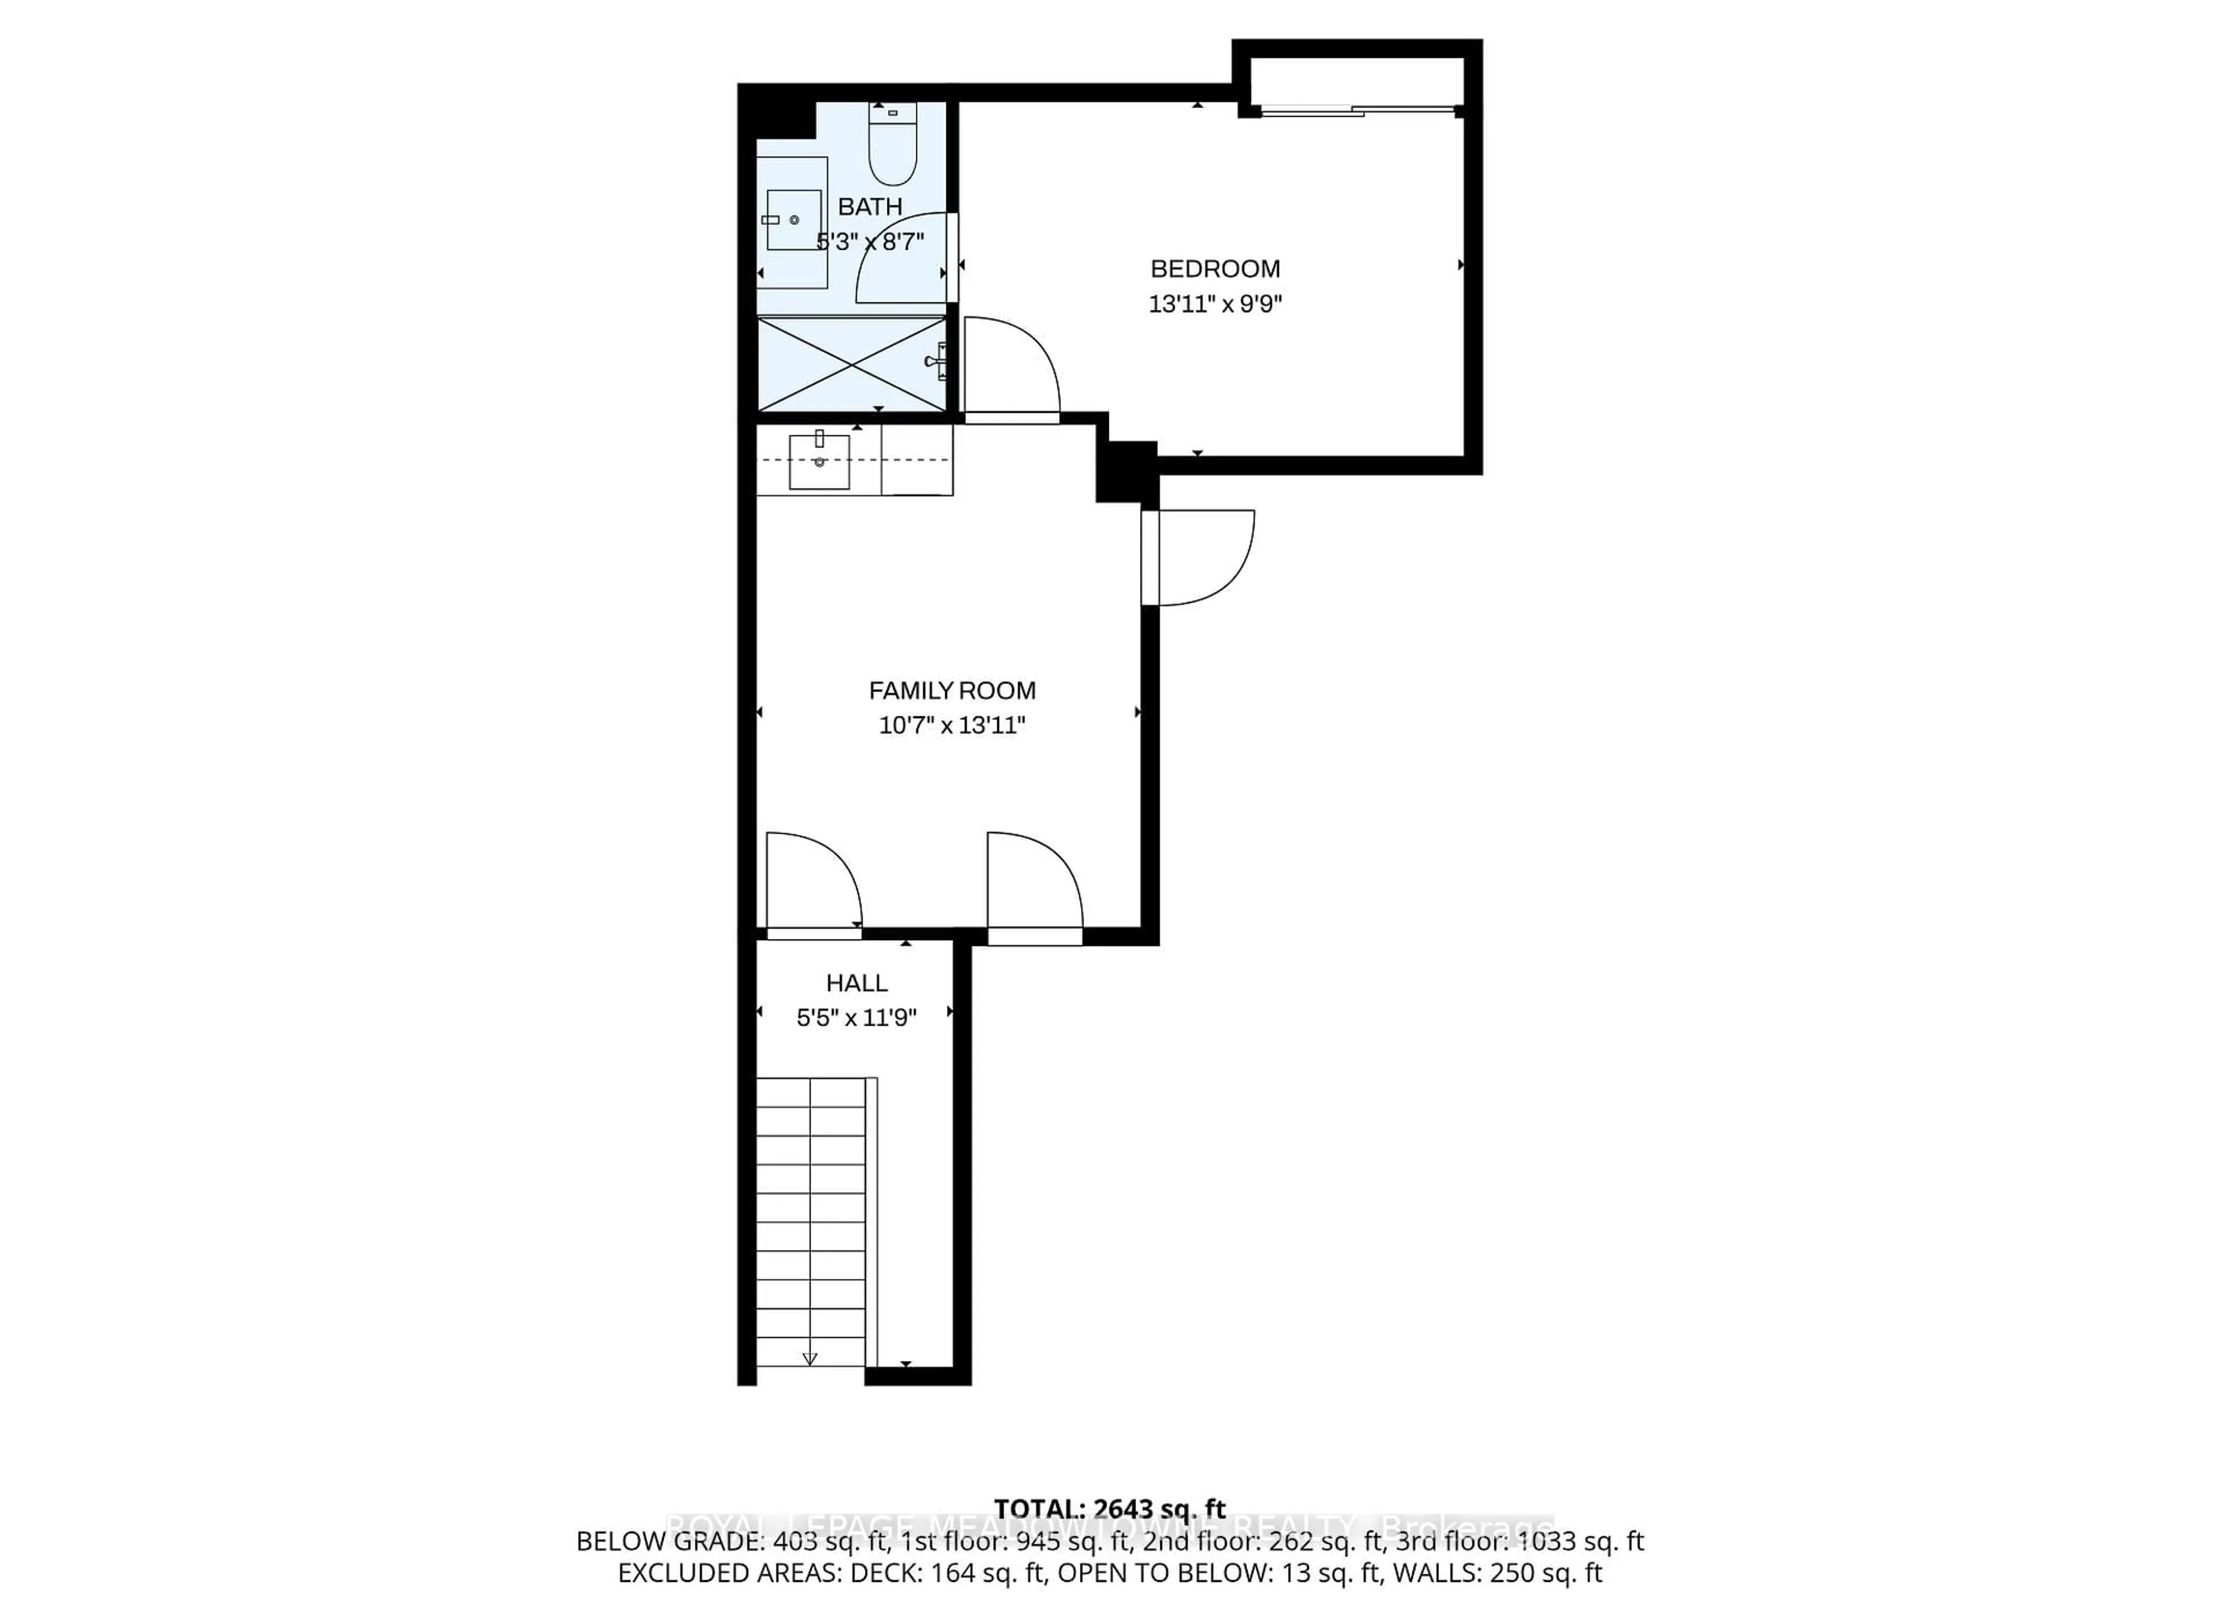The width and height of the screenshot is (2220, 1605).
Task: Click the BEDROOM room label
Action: click(1215, 268)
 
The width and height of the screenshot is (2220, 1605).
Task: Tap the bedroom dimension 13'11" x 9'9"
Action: click(1215, 304)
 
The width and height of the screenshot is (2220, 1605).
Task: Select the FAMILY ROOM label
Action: click(952, 691)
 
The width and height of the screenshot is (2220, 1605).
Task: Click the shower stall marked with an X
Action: click(852, 364)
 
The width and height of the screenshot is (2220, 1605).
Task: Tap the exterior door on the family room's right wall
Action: click(1199, 558)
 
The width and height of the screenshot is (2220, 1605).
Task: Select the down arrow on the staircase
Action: click(809, 1358)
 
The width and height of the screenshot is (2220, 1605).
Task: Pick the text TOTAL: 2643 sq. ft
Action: click(1110, 1509)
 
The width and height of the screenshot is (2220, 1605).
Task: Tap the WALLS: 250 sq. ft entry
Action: click(1497, 1573)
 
